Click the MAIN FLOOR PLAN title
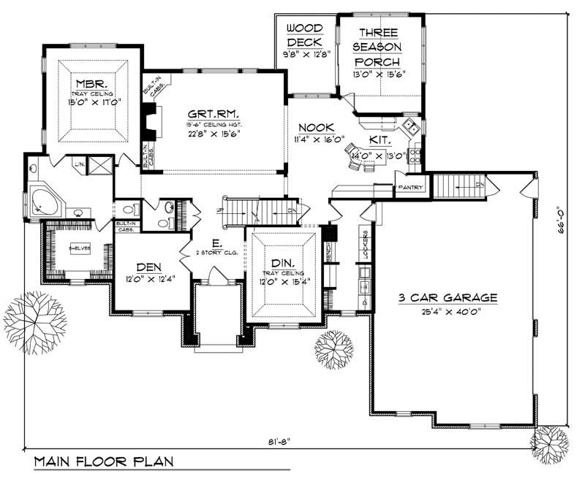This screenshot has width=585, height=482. click(102, 462)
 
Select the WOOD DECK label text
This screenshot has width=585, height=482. click(305, 35)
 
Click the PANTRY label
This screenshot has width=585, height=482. click(409, 188)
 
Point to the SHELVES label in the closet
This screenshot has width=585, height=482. click(79, 248)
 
